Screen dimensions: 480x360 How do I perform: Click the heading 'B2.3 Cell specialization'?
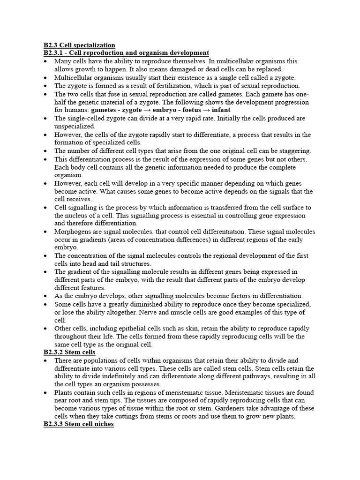(79, 45)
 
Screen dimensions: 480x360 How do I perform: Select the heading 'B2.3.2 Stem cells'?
(69, 352)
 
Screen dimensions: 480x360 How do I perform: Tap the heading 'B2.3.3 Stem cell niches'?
(79, 424)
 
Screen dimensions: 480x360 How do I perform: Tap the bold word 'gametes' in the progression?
(106, 110)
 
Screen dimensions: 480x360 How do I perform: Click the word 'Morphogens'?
(72, 232)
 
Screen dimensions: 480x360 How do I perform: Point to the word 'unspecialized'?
(75, 126)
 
